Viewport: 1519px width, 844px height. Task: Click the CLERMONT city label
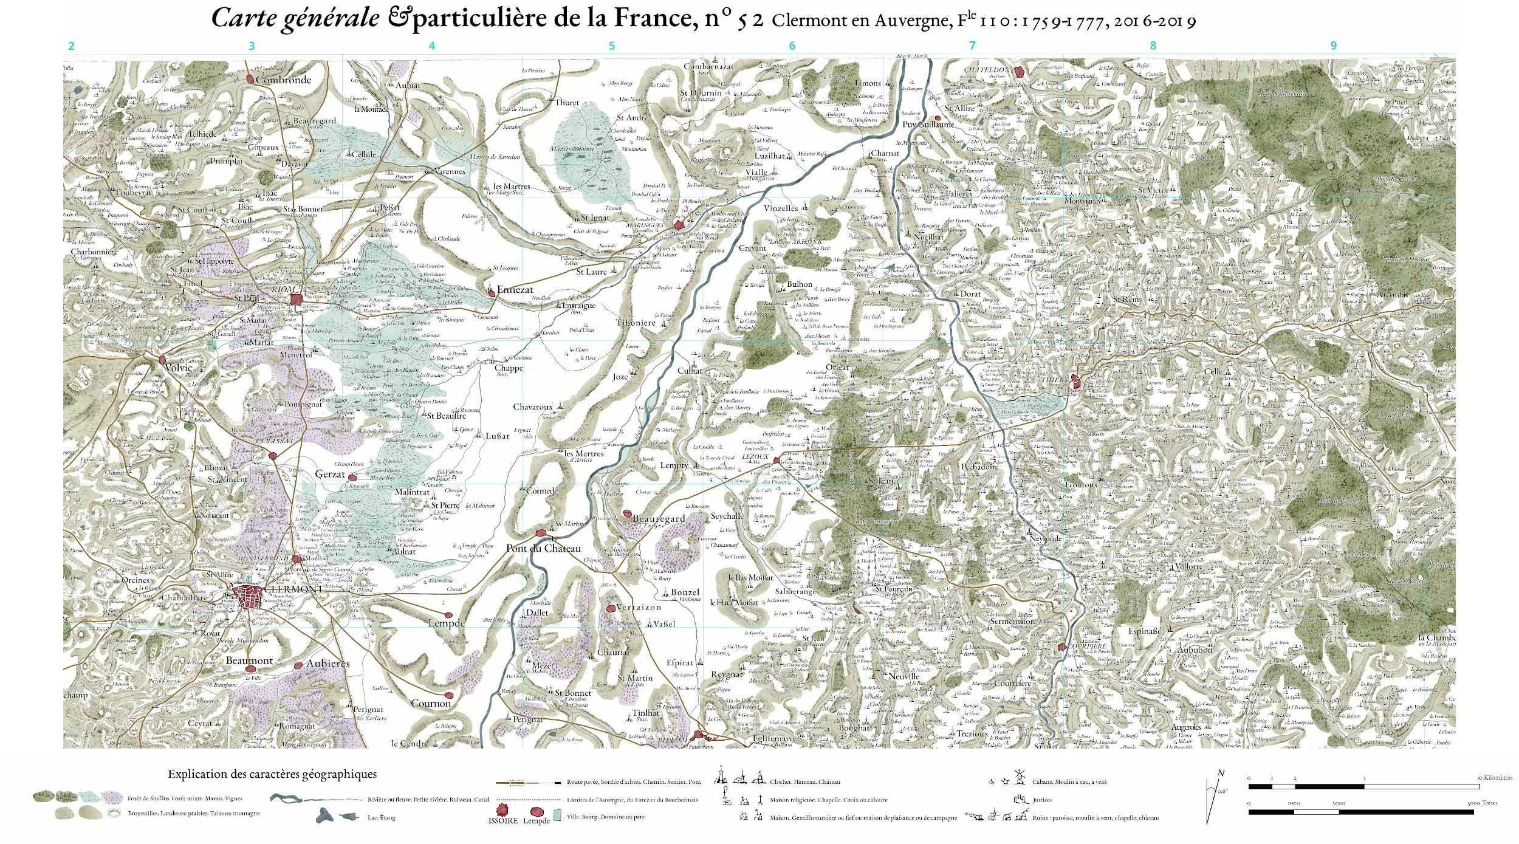pyautogui.click(x=293, y=589)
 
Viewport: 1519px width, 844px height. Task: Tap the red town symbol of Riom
pyautogui.click(x=296, y=299)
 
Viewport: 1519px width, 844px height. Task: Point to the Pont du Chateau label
pyautogui.click(x=543, y=548)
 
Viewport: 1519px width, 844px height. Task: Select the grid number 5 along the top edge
pyautogui.click(x=612, y=46)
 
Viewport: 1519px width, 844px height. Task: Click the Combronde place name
pyautogui.click(x=283, y=80)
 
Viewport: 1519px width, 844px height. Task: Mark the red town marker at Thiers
pyautogui.click(x=1075, y=382)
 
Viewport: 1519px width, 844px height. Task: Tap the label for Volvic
pyautogui.click(x=178, y=368)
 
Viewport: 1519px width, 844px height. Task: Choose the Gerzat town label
pyautogui.click(x=330, y=474)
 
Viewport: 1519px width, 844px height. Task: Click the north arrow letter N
pyautogui.click(x=1221, y=773)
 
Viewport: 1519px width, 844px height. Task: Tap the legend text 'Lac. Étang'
pyautogui.click(x=381, y=817)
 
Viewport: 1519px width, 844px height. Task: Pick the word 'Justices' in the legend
pyautogui.click(x=1042, y=800)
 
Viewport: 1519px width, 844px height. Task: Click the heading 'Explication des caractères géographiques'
pyautogui.click(x=272, y=774)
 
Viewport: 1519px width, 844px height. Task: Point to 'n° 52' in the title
pyautogui.click(x=733, y=20)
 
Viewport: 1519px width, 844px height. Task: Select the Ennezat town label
pyautogui.click(x=515, y=290)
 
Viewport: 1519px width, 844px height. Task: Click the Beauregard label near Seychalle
pyautogui.click(x=659, y=518)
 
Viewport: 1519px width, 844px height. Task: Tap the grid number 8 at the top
pyautogui.click(x=1153, y=46)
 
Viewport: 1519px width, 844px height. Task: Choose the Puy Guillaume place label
pyautogui.click(x=928, y=124)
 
